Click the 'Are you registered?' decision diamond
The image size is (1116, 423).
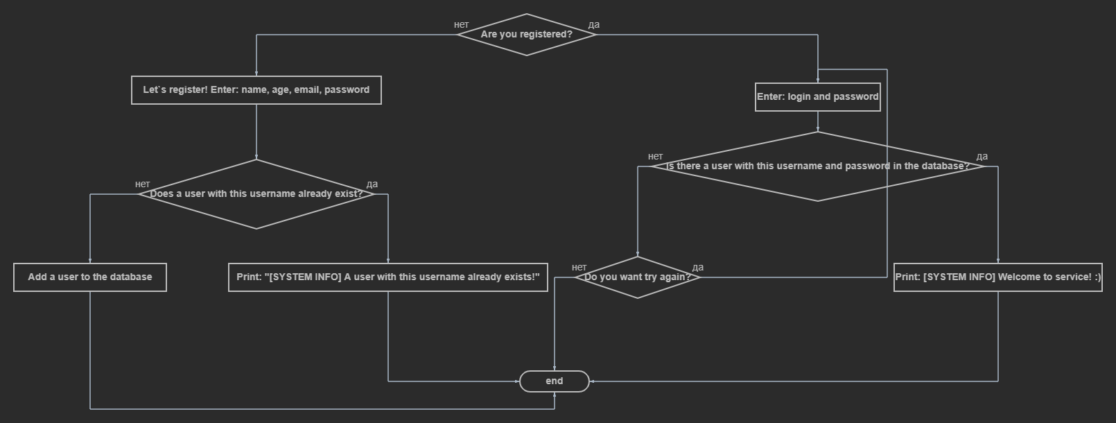527,34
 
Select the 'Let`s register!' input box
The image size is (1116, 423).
256,90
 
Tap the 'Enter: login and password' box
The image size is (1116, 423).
817,97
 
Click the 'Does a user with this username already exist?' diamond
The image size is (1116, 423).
256,194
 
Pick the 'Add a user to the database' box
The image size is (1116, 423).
90,277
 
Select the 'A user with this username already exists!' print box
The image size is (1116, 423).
387,277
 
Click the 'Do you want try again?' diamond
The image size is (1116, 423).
638,277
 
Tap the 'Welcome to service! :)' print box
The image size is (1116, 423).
997,277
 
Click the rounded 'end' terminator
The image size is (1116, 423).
555,381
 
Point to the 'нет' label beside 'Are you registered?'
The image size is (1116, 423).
462,25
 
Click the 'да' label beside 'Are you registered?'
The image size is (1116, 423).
594,25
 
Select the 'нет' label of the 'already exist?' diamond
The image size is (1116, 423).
143,184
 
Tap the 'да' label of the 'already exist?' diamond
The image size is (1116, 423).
372,184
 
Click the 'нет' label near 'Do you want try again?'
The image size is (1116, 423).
579,268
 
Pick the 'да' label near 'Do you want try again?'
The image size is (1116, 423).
698,268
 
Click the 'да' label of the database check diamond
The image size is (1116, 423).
982,157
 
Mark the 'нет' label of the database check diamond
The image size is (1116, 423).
656,157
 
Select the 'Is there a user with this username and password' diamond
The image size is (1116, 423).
818,166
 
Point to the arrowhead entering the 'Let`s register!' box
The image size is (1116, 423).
256,74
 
